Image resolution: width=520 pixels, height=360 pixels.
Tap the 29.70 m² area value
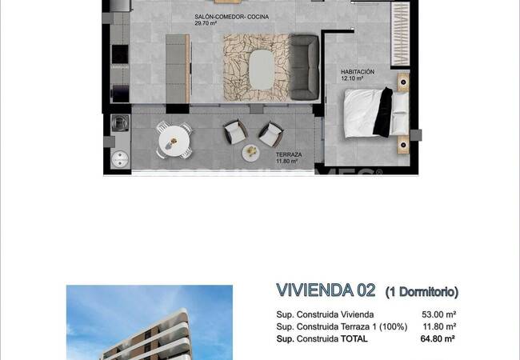click(206, 24)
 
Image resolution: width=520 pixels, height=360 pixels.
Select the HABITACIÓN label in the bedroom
click(357, 71)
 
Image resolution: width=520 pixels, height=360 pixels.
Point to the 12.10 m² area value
click(353, 78)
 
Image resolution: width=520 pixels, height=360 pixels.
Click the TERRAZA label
click(289, 154)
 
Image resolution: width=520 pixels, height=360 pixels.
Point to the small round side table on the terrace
click(251, 150)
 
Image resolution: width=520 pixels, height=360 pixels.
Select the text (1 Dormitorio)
click(422, 291)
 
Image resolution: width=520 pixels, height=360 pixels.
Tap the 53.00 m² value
click(439, 315)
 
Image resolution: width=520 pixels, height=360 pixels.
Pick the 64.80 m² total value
click(438, 338)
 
